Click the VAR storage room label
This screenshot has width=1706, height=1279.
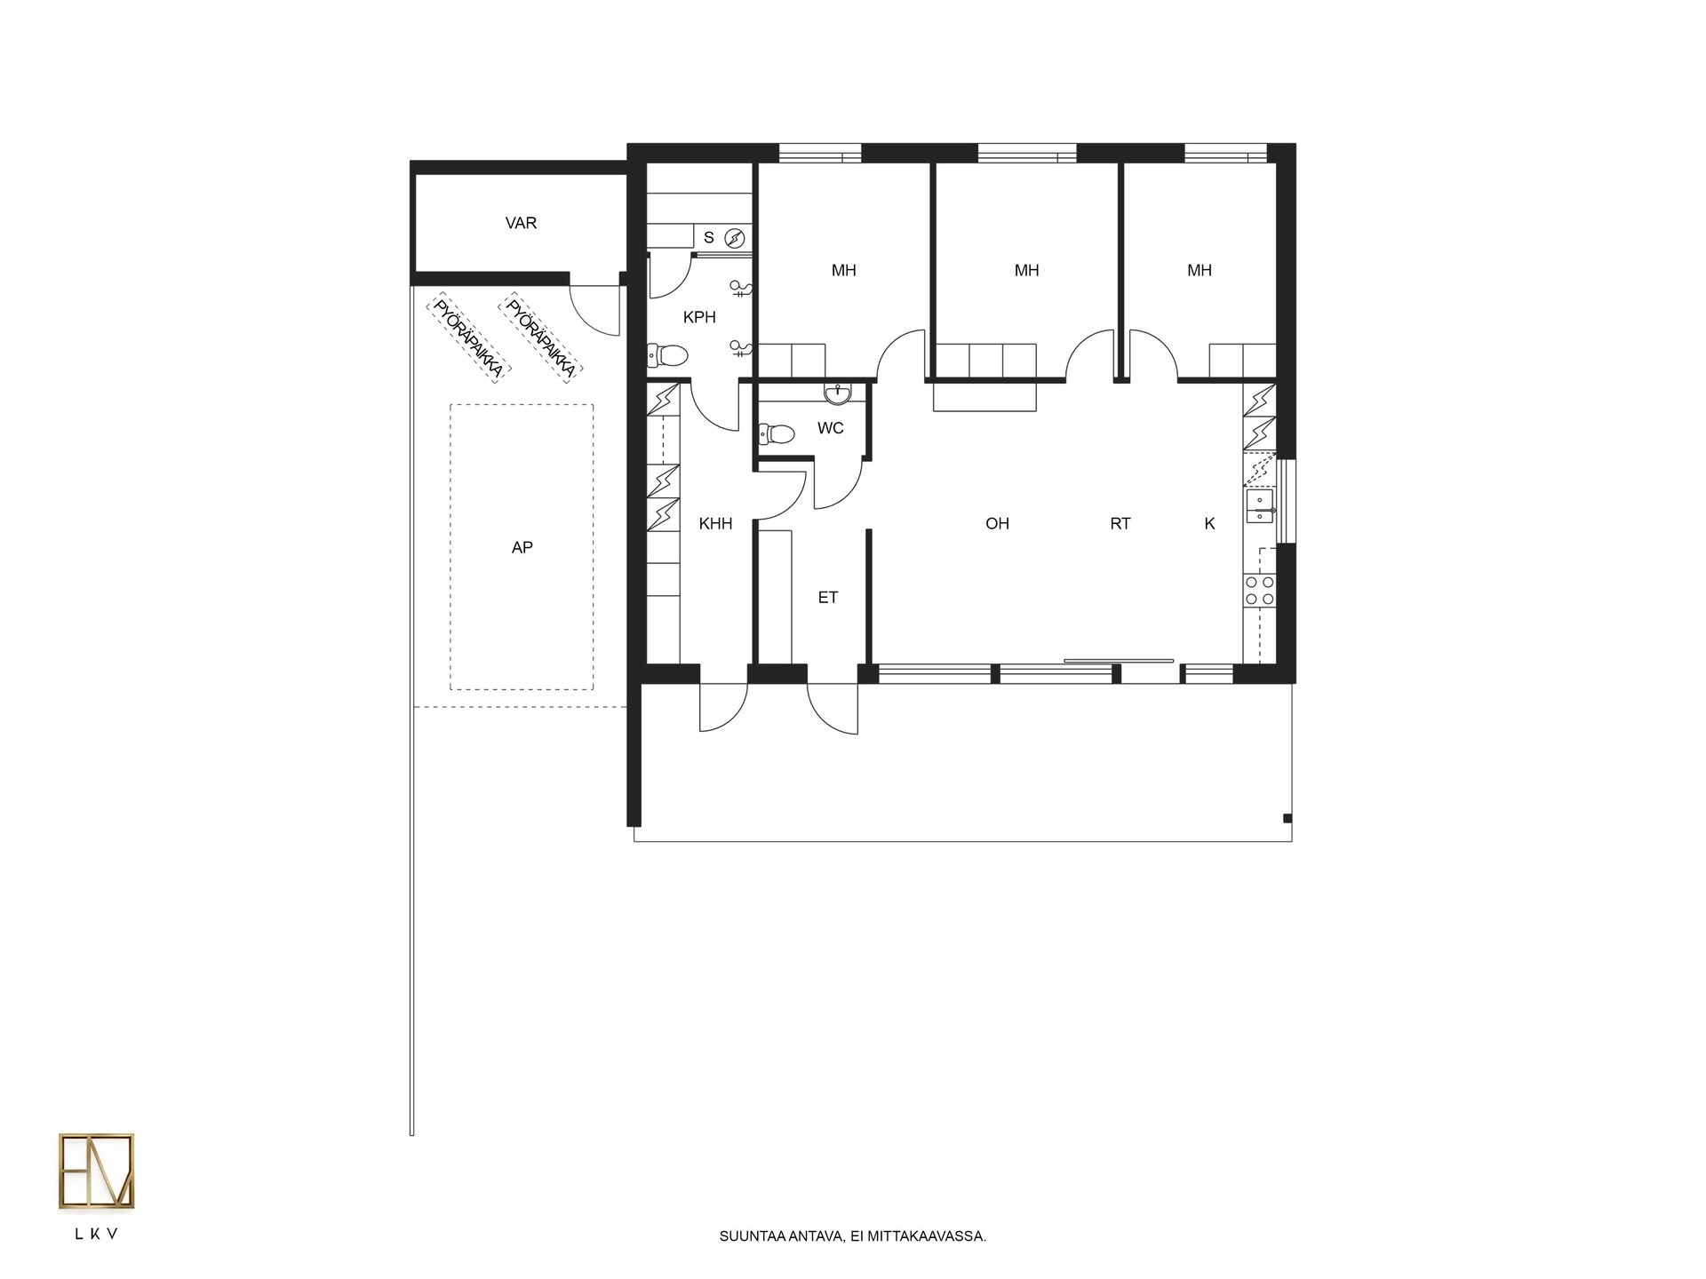(x=521, y=223)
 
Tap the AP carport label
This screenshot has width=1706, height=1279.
(x=522, y=548)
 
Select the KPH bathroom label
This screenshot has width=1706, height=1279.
(x=699, y=317)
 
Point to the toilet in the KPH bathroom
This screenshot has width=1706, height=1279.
(x=668, y=356)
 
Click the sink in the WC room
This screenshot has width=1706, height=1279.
(x=836, y=393)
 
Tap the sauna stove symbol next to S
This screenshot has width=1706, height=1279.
(x=734, y=237)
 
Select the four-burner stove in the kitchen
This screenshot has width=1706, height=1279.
(x=1260, y=591)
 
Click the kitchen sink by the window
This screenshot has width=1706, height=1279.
(x=1259, y=506)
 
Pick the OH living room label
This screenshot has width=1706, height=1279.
(x=997, y=524)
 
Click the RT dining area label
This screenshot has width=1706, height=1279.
(x=1120, y=524)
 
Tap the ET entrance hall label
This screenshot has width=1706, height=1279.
(x=827, y=598)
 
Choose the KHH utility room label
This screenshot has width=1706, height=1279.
(x=715, y=524)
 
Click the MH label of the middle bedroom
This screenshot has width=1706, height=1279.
(x=1026, y=270)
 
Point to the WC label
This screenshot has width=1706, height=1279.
(x=830, y=428)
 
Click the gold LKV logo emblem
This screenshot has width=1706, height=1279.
(x=97, y=1171)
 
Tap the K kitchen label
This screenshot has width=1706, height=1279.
(x=1209, y=524)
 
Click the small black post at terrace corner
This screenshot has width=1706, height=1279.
(x=1287, y=818)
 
